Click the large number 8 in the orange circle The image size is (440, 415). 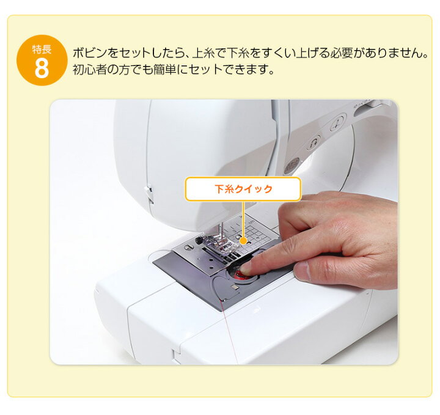click(x=41, y=68)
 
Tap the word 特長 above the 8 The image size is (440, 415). click(x=41, y=49)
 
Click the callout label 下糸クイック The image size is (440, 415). click(x=243, y=189)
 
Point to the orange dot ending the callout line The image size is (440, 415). click(x=243, y=240)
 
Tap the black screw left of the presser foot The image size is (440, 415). click(x=188, y=247)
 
